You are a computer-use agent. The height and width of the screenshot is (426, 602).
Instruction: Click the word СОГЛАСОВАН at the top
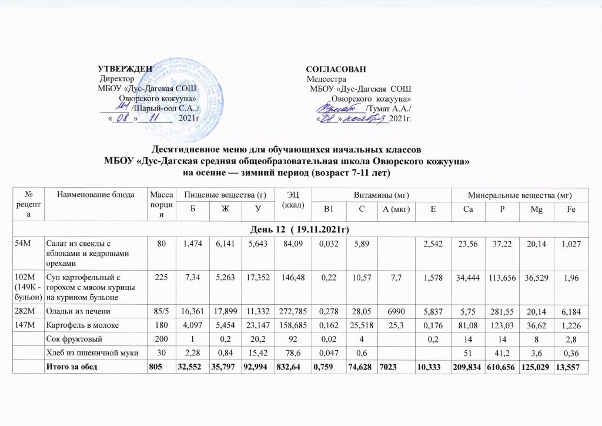pyautogui.click(x=336, y=69)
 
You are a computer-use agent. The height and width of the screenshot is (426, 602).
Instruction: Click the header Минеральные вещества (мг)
pyautogui.click(x=518, y=195)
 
